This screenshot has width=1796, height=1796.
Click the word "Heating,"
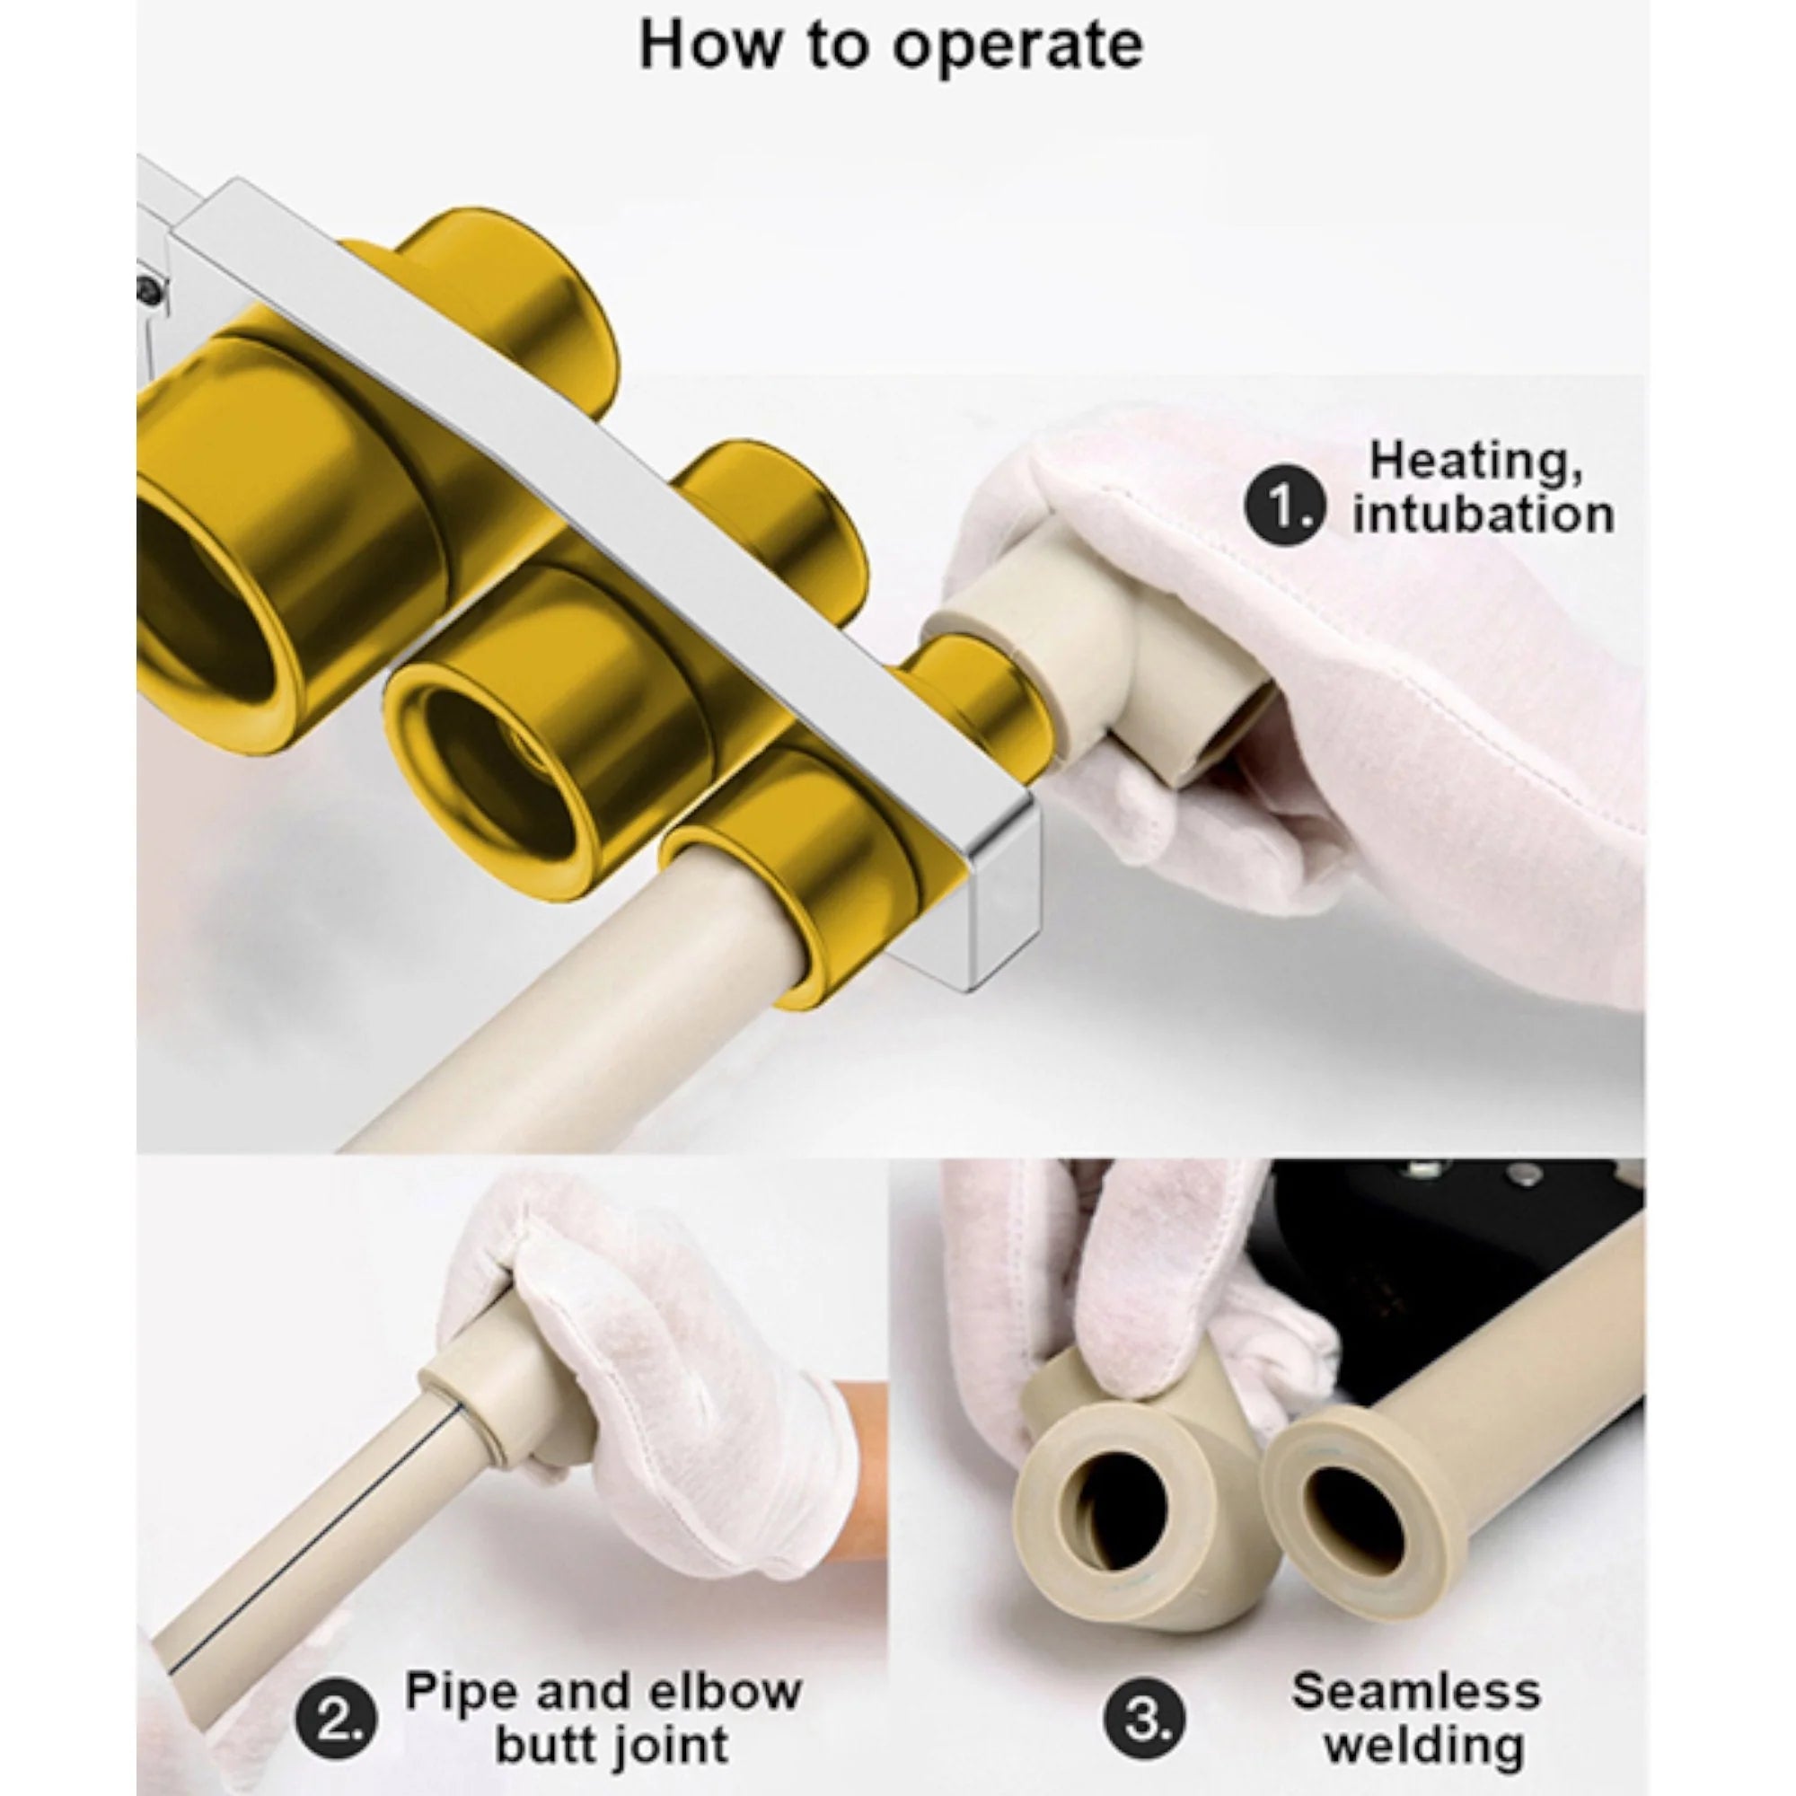tap(1476, 462)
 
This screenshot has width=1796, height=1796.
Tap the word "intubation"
tap(1483, 515)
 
